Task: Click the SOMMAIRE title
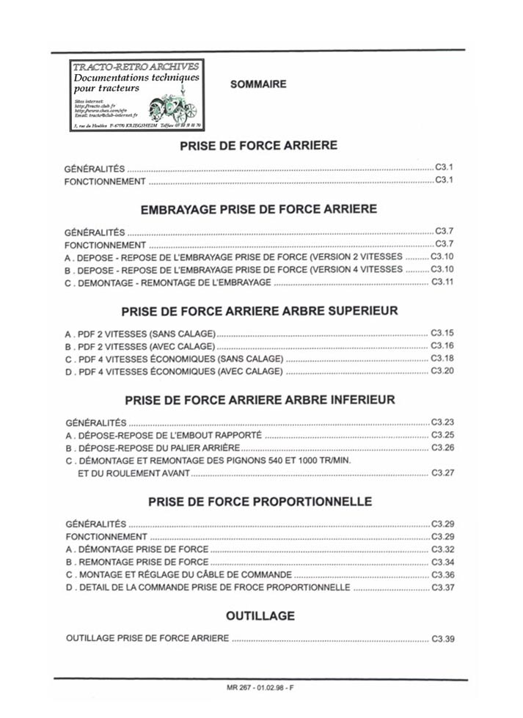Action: click(x=258, y=84)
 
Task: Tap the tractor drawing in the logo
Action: click(x=172, y=109)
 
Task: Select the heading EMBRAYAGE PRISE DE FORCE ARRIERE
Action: click(x=259, y=209)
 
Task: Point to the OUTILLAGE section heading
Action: click(x=260, y=615)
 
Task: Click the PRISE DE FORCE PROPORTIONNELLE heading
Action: click(x=260, y=502)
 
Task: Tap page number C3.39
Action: click(x=443, y=639)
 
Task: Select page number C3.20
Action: click(x=442, y=371)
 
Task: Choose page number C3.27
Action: click(x=443, y=473)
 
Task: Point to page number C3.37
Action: click(x=443, y=588)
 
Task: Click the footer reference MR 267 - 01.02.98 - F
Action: click(x=260, y=687)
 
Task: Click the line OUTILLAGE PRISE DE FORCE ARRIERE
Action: click(x=147, y=638)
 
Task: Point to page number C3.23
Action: click(x=443, y=422)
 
